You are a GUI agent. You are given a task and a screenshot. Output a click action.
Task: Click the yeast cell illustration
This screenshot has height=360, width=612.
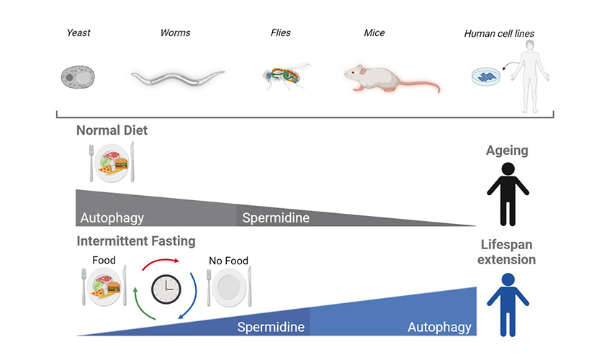(x=78, y=76)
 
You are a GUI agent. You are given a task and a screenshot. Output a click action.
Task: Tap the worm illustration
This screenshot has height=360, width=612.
(x=177, y=77)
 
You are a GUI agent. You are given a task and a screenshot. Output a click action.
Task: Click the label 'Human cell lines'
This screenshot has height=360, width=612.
(x=499, y=33)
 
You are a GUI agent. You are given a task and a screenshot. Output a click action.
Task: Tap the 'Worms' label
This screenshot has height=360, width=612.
(x=175, y=32)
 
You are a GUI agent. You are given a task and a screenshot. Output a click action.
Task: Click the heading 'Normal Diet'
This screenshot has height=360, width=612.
(x=112, y=131)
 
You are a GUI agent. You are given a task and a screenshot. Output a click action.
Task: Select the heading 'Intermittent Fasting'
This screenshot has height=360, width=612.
(x=136, y=241)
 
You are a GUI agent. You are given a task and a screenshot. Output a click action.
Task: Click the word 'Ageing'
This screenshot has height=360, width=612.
(x=508, y=150)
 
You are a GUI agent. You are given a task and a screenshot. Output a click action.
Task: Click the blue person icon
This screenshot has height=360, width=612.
(x=508, y=302)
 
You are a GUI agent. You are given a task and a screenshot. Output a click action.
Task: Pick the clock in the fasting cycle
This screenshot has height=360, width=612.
(x=166, y=289)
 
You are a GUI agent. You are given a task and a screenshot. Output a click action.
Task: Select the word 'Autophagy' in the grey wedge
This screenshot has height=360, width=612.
(x=112, y=217)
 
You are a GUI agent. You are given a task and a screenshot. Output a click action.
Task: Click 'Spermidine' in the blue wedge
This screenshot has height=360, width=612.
(x=271, y=328)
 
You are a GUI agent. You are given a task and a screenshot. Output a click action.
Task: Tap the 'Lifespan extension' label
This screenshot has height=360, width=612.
(x=507, y=252)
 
